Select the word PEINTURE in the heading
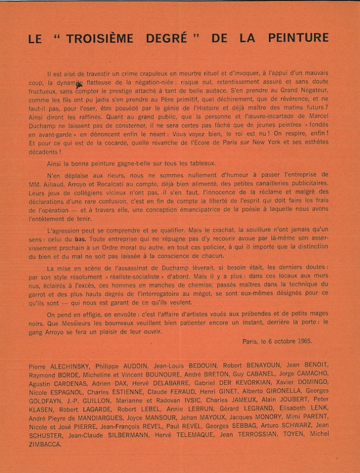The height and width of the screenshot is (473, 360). (298, 38)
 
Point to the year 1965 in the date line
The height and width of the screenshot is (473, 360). (301, 341)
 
